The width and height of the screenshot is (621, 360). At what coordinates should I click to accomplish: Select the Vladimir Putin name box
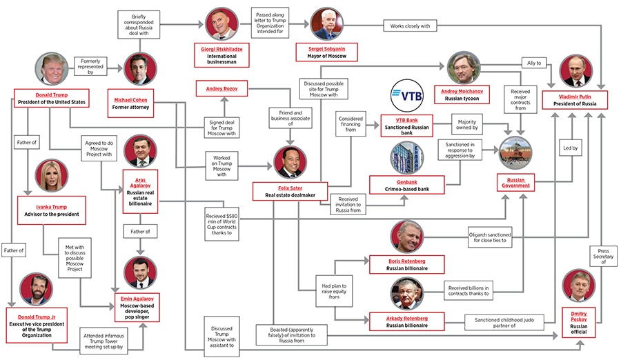pos(574,99)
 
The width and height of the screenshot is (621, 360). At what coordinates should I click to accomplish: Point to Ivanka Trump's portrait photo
pos(51,176)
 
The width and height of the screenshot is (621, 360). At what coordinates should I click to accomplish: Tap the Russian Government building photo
pos(515,153)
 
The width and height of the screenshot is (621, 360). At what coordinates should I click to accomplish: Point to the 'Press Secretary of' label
pos(603,256)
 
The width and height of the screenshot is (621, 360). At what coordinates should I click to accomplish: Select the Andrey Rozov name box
pos(221,88)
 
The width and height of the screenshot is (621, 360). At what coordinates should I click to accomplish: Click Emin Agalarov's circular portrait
pos(142,272)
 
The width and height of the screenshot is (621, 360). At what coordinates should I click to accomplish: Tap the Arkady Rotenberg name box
pos(406,321)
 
